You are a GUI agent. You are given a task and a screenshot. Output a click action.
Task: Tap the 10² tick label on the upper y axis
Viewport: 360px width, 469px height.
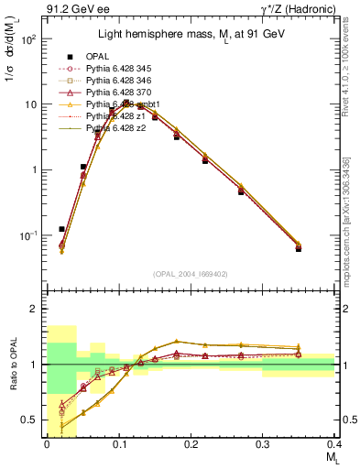point(28,39)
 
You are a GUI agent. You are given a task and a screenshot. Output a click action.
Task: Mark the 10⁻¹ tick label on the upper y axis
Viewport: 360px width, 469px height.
point(27,235)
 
